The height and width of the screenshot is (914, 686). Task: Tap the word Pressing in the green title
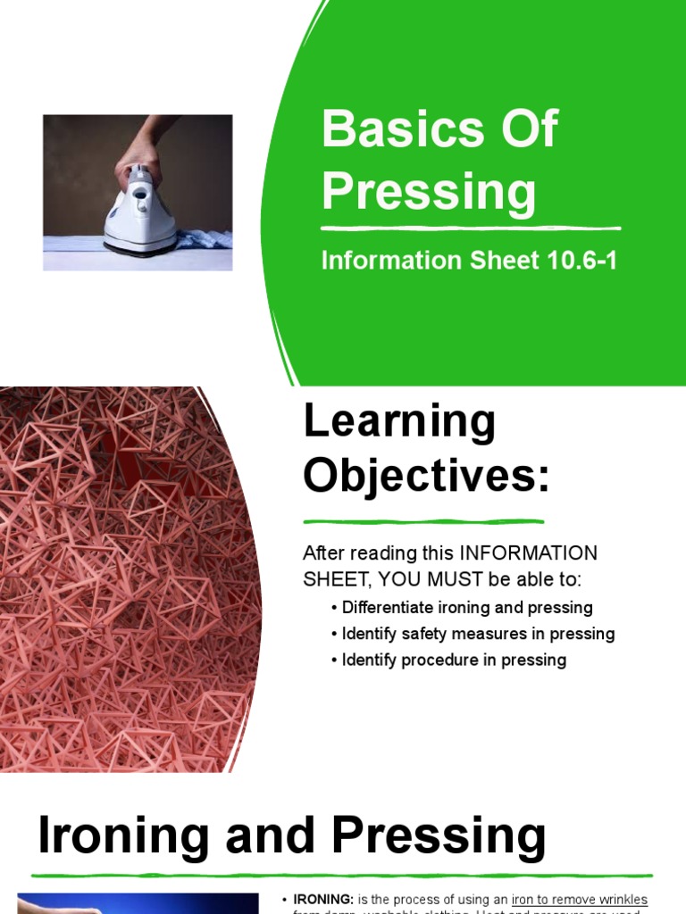429,190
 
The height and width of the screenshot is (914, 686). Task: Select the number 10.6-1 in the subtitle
577,261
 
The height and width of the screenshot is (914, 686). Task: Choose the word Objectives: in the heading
426,476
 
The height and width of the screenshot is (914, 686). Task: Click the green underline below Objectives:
423,521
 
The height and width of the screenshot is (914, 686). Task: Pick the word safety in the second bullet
425,634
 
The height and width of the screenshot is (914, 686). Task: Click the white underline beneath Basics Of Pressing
471,228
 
